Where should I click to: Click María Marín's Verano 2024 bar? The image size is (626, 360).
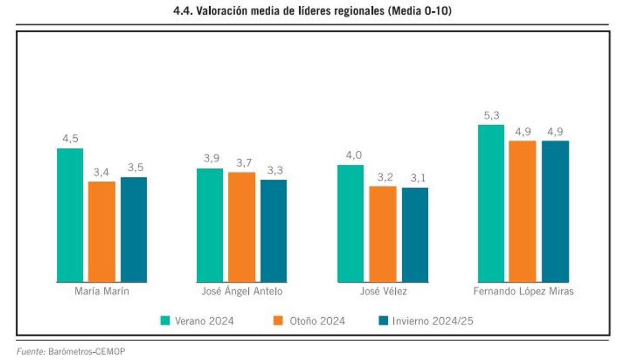[70, 215]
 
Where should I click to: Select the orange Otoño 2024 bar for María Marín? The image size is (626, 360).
[102, 232]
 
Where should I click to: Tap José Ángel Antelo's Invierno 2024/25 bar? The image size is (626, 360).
[274, 231]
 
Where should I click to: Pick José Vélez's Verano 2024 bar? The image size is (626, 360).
[351, 223]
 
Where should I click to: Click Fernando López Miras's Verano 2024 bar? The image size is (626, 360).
[491, 203]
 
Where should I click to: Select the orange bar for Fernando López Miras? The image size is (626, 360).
[523, 211]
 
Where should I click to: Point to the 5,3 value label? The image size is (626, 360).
[491, 116]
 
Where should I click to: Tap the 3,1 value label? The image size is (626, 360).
[415, 178]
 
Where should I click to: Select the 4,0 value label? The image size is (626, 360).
[351, 155]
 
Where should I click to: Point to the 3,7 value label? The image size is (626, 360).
[242, 163]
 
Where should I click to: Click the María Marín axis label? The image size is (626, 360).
[102, 292]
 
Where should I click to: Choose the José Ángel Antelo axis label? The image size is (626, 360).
[242, 292]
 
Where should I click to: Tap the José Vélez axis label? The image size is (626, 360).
[383, 292]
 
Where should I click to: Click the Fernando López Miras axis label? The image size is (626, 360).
[523, 292]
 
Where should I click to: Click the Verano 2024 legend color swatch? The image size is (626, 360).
[165, 320]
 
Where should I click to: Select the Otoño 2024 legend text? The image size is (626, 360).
[317, 321]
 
